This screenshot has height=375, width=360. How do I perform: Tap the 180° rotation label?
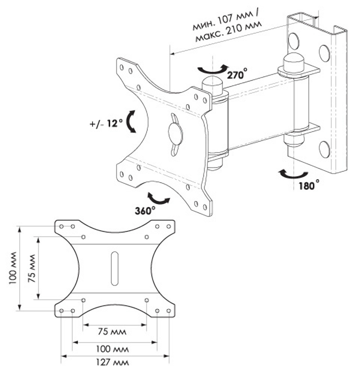coord(309,185)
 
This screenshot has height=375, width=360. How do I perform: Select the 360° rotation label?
coord(145,211)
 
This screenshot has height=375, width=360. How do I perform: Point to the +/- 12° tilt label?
coord(107,123)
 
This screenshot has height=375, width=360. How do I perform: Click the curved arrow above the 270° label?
coord(213,69)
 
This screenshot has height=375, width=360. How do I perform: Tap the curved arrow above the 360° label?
coord(158,199)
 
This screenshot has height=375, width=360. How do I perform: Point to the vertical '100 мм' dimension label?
coord(13,268)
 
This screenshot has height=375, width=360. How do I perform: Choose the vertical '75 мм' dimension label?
coord(32,268)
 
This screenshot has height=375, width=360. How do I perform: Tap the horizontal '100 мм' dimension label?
coord(112,349)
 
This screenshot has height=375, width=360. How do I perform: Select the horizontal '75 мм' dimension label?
coord(112,332)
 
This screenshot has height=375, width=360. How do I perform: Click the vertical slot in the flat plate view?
coord(114,268)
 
